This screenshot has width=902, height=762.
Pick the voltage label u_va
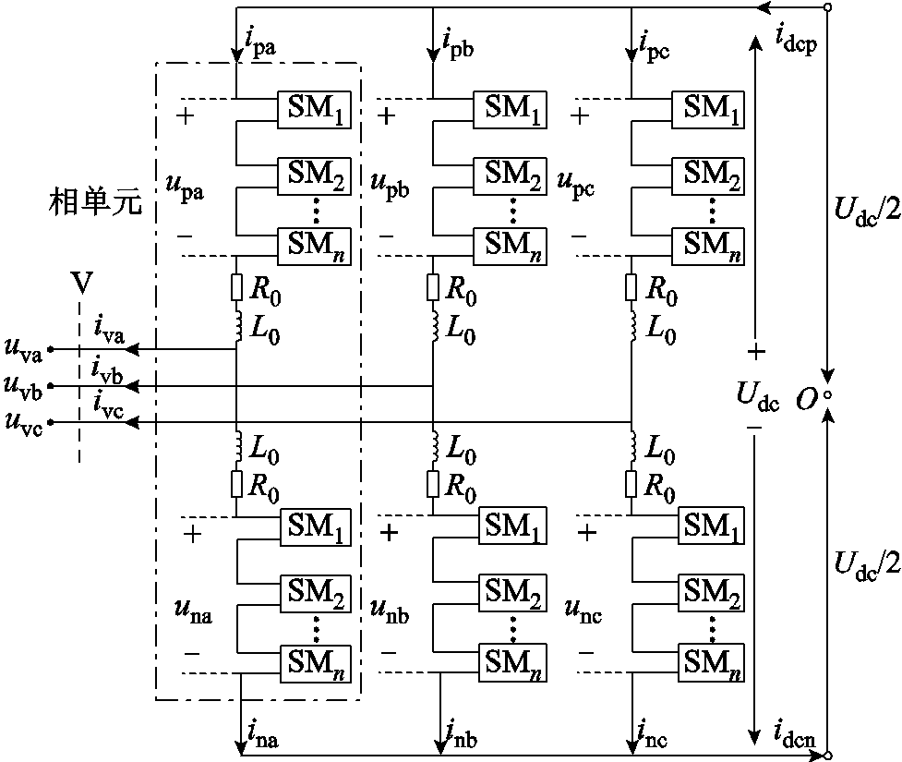[x=25, y=349]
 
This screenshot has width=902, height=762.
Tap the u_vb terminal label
[x=25, y=384]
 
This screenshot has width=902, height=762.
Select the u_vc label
[x=25, y=421]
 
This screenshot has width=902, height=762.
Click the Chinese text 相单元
[x=96, y=202]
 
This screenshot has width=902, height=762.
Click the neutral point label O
[x=809, y=397]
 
